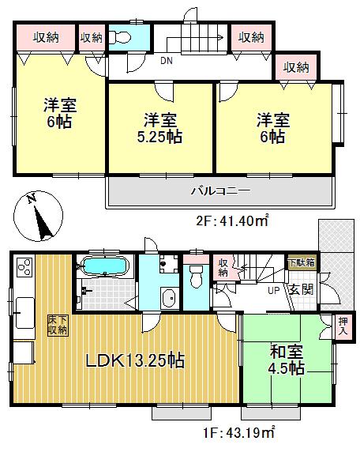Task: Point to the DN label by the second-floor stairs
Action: [167, 62]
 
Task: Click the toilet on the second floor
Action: [123, 38]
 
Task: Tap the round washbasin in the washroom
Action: [167, 298]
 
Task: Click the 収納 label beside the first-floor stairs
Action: [224, 267]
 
